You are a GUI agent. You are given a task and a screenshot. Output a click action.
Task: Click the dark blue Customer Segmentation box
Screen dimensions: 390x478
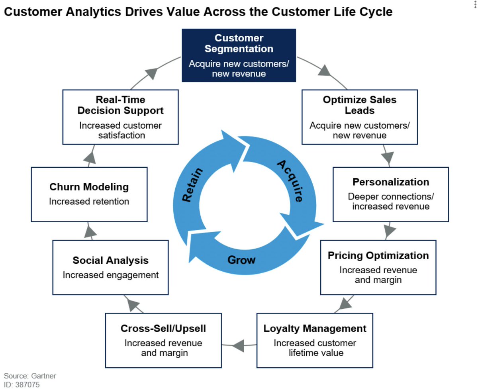(239, 55)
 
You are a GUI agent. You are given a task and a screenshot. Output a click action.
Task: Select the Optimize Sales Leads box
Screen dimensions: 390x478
(359, 117)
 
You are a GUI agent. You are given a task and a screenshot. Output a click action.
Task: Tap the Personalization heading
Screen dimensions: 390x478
(391, 182)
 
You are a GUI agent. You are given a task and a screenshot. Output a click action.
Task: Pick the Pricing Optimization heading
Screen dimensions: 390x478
(378, 255)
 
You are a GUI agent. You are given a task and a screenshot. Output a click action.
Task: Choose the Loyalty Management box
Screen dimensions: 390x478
(315, 340)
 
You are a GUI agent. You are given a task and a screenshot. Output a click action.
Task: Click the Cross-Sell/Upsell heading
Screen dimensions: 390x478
(163, 329)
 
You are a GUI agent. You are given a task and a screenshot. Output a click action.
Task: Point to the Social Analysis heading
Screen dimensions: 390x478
(110, 261)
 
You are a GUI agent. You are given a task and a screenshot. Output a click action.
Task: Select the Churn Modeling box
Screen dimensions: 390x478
(89, 194)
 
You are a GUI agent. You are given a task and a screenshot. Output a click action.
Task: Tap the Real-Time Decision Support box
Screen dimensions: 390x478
(120, 116)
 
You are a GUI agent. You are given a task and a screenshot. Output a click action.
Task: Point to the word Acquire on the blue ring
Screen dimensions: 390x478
(290, 180)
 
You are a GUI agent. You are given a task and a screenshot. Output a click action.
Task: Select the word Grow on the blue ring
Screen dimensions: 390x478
(241, 260)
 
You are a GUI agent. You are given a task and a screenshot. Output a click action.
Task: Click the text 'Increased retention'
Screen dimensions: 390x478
(89, 202)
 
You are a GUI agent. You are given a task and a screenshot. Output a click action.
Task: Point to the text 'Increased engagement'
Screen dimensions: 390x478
(110, 275)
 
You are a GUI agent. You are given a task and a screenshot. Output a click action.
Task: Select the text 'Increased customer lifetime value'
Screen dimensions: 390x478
(315, 348)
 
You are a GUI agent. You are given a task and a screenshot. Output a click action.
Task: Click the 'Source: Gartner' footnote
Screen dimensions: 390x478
(30, 376)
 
